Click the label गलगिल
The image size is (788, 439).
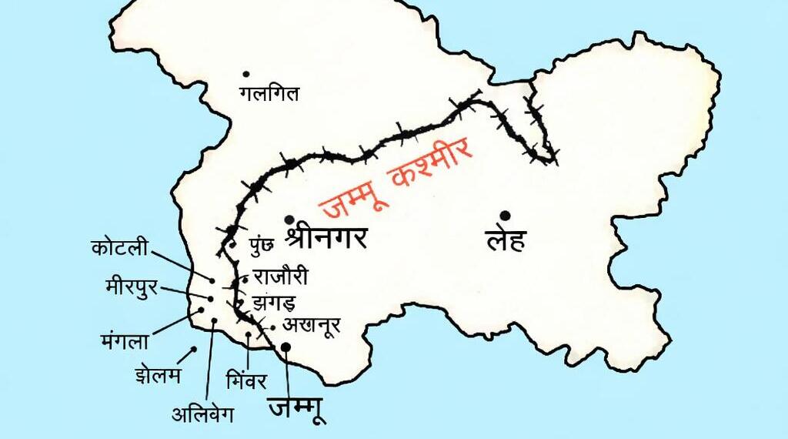pyautogui.click(x=269, y=95)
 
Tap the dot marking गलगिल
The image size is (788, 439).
pyautogui.click(x=246, y=74)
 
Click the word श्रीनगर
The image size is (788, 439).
pyautogui.click(x=326, y=237)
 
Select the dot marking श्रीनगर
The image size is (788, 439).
pyautogui.click(x=289, y=219)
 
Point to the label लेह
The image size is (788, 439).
pyautogui.click(x=506, y=240)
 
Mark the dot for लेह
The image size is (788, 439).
pyautogui.click(x=504, y=215)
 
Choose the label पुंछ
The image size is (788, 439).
pyautogui.click(x=260, y=246)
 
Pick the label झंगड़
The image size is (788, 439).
pyautogui.click(x=273, y=300)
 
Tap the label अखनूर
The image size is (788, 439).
pyautogui.click(x=311, y=324)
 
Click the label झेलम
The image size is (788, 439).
pyautogui.click(x=157, y=377)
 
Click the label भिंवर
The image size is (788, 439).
pyautogui.click(x=246, y=380)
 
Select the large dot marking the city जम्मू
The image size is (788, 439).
pyautogui.click(x=285, y=347)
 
